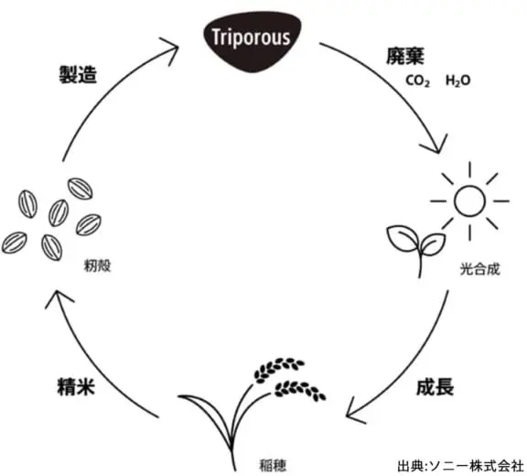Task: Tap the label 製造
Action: tap(78, 74)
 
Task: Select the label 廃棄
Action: tap(405, 56)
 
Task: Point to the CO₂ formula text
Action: tap(417, 81)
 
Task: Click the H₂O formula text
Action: tap(457, 81)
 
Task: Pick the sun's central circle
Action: tap(469, 200)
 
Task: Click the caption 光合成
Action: tap(480, 269)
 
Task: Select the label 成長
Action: tap(435, 387)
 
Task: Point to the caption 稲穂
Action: tap(273, 465)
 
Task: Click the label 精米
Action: tap(76, 387)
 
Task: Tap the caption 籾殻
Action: tap(97, 265)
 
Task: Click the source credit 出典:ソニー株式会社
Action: tap(461, 466)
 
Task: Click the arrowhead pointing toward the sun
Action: tap(436, 146)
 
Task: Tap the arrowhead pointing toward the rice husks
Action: tap(58, 297)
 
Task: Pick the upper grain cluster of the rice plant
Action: tap(278, 370)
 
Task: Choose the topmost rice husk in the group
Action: tap(81, 189)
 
